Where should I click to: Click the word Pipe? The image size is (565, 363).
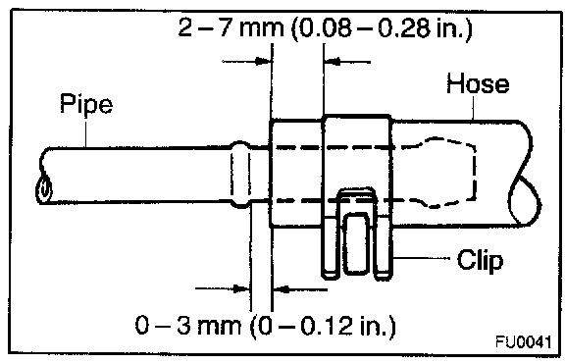86,103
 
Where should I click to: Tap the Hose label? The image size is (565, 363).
478,83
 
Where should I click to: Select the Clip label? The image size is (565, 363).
480,260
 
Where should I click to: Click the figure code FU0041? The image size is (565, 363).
524,341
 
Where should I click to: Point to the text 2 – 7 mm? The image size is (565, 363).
231,27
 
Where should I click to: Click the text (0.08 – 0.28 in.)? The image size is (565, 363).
382,28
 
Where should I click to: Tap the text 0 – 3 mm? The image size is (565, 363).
188,325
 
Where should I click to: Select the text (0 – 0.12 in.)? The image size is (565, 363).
324,326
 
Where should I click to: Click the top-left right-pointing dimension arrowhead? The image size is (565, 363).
263,61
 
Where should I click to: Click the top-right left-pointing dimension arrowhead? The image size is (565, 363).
333,62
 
